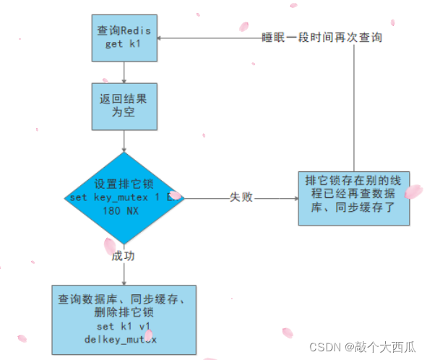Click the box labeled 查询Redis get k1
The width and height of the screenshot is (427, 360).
coord(124,38)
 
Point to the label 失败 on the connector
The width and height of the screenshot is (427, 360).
coord(241,197)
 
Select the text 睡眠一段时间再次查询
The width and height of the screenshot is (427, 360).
coord(322,37)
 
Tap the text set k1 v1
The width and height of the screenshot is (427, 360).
coord(124,326)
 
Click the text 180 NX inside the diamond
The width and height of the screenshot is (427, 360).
coord(124,210)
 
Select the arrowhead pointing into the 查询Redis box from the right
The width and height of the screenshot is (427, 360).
coord(160,38)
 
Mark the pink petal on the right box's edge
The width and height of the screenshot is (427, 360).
coord(413,192)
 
